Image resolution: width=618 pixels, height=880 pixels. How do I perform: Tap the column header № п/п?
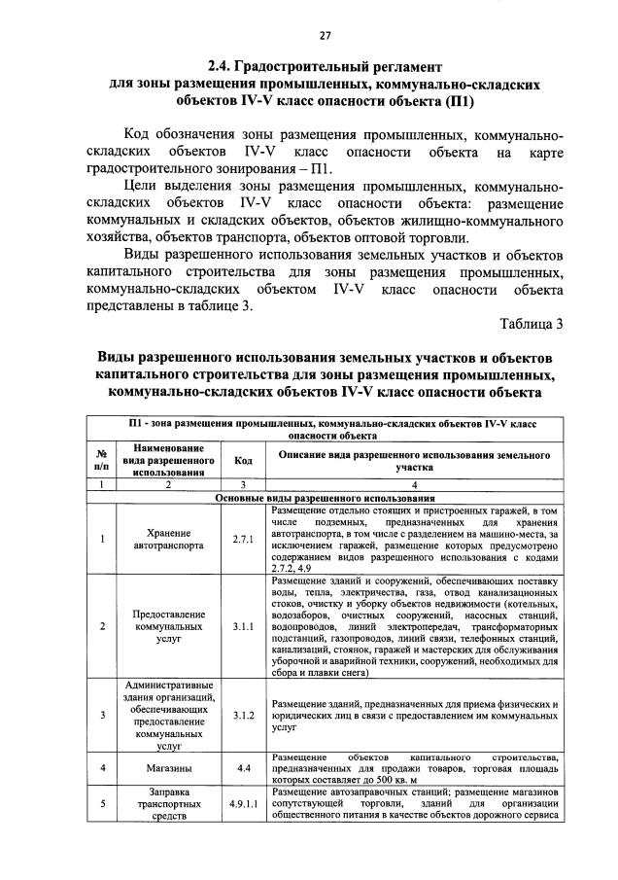102,460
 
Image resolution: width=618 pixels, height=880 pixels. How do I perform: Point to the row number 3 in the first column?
102,715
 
